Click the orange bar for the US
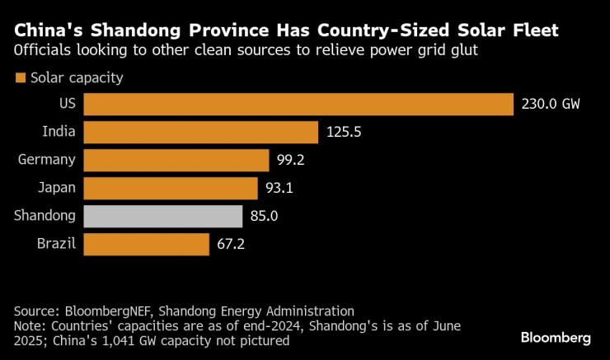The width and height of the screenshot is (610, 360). [298, 105]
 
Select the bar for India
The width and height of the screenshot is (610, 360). [201, 132]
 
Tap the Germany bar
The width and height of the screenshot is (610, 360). [176, 160]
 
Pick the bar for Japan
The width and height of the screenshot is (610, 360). [171, 188]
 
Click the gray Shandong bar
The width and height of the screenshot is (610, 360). [163, 216]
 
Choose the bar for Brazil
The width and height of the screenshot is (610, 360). [147, 244]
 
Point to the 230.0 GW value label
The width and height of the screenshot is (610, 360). [551, 105]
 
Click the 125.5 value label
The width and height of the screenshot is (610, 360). [343, 132]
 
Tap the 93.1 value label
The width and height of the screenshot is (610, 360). [279, 188]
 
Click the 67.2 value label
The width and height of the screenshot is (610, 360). [231, 244]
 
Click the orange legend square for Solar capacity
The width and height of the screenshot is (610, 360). [20, 79]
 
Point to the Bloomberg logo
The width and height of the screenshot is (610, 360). [556, 338]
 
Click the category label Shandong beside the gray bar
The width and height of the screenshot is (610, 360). [45, 216]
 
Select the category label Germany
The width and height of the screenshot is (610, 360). [46, 160]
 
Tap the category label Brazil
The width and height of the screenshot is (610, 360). [56, 244]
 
